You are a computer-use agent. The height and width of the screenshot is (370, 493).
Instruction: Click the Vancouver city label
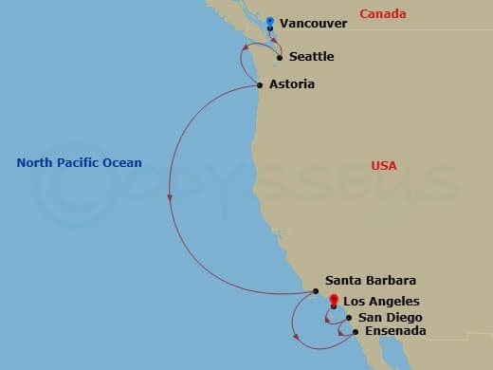pyautogui.click(x=314, y=22)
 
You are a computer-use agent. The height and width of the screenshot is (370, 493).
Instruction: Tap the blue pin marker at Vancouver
pyautogui.click(x=270, y=22)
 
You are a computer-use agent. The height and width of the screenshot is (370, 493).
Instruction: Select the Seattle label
pyautogui.click(x=312, y=57)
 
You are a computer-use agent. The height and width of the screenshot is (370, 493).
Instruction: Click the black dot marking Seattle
pyautogui.click(x=279, y=58)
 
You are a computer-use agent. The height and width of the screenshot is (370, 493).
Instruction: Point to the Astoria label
pyautogui.click(x=292, y=84)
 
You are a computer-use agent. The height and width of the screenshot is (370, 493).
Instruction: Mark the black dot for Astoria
pyautogui.click(x=260, y=85)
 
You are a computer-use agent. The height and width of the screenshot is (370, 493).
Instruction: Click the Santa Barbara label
pyautogui.click(x=370, y=281)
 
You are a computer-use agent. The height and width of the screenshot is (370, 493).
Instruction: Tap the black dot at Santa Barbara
pyautogui.click(x=316, y=291)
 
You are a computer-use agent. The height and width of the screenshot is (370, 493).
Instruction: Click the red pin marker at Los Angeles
pyautogui.click(x=333, y=301)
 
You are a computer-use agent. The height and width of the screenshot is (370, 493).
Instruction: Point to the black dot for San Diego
pyautogui.click(x=349, y=318)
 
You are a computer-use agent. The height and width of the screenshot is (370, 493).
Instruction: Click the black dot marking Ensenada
pyautogui.click(x=355, y=332)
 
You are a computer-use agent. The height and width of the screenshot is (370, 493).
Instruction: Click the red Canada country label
pyautogui.click(x=384, y=14)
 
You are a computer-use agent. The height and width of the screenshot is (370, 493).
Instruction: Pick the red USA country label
pyautogui.click(x=384, y=166)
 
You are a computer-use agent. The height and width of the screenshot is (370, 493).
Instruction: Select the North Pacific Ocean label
pyautogui.click(x=79, y=163)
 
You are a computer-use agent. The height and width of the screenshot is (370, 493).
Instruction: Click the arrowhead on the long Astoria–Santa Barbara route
pyautogui.click(x=170, y=198)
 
